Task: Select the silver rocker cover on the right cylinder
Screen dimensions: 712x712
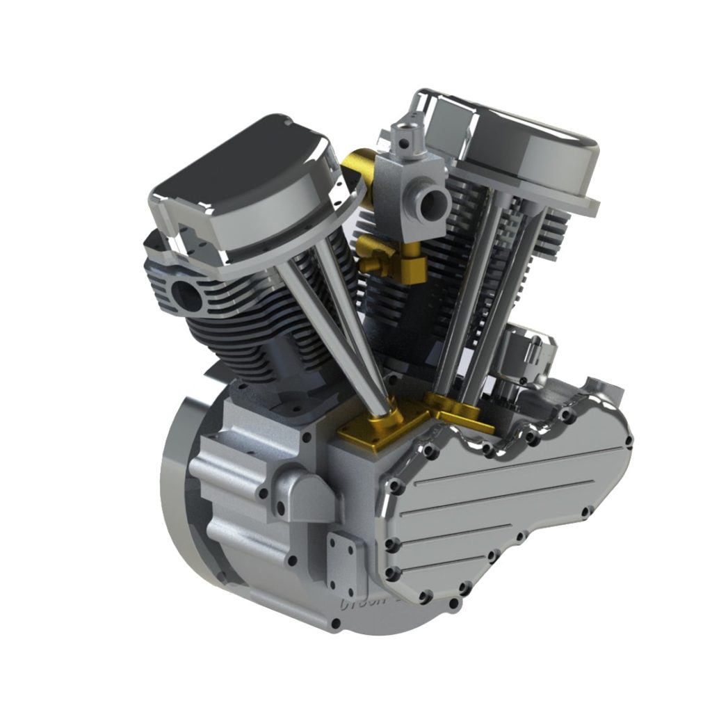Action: coord(521,139)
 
